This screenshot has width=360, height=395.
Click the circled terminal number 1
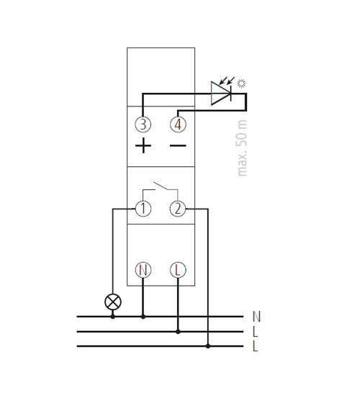click(143, 209)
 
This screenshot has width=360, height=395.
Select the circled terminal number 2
click(178, 209)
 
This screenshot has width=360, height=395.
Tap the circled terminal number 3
click(143, 124)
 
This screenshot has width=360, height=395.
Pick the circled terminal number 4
click(178, 124)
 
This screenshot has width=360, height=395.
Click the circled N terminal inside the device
click(143, 270)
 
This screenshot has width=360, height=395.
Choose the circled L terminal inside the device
click(178, 270)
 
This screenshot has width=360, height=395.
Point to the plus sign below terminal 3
click(143, 145)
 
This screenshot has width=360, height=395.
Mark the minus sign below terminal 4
click(178, 145)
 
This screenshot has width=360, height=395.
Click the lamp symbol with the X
click(113, 301)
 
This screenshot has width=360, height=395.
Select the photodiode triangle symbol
click(221, 94)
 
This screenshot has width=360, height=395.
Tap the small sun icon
click(241, 83)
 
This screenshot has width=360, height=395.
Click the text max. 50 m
click(242, 148)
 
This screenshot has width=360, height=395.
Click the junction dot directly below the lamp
click(113, 317)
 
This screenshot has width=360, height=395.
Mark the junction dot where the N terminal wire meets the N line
click(143, 317)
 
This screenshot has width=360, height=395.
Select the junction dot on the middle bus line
click(178, 332)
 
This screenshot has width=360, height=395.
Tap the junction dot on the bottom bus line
click(208, 346)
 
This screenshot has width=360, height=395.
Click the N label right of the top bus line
click(256, 317)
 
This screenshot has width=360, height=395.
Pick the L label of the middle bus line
click(256, 332)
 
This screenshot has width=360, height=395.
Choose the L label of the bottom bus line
click(256, 346)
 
